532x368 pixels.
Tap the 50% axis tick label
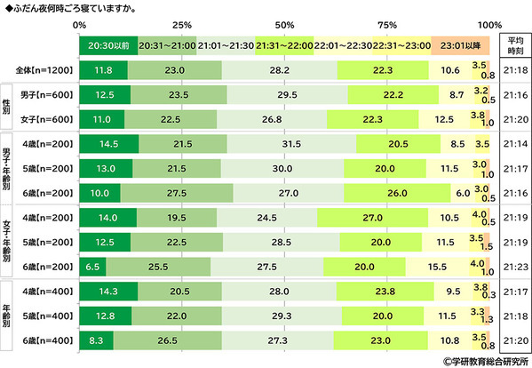tap(285, 23)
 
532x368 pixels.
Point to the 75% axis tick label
tap(387, 23)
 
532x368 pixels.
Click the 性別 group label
tap(8, 104)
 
